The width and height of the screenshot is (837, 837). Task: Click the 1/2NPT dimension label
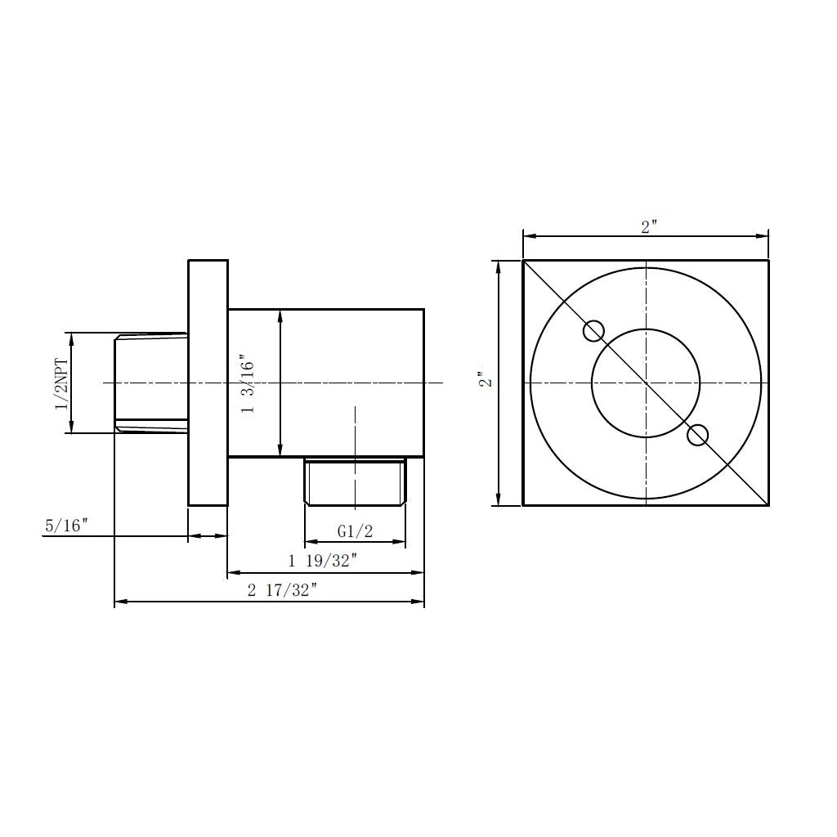(x=62, y=384)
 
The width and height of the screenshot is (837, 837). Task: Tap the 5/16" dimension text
(x=65, y=526)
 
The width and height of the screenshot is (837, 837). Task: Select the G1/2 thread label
(x=355, y=531)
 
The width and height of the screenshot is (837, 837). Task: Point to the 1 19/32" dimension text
(x=323, y=561)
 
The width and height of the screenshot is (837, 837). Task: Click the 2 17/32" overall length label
(x=282, y=590)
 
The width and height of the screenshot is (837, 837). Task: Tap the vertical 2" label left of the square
(x=485, y=379)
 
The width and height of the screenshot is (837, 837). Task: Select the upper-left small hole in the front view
(x=593, y=332)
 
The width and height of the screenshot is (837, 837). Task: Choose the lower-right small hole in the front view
(x=698, y=435)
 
